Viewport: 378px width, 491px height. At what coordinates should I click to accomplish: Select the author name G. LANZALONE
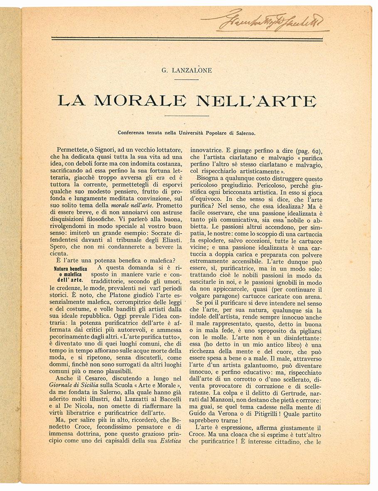(x=187, y=70)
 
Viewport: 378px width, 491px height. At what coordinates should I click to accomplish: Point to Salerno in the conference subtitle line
(x=245, y=133)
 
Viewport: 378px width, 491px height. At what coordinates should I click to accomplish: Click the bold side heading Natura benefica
(x=70, y=269)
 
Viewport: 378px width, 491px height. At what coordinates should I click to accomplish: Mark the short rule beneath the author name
(x=187, y=79)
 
